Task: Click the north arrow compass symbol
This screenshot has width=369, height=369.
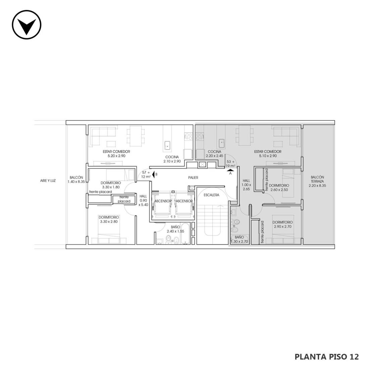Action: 27,24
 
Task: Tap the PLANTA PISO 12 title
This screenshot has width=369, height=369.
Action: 327,357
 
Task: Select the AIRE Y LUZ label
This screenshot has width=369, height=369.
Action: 48,181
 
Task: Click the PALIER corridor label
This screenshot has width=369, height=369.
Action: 193,178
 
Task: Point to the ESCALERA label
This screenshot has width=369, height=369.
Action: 211,195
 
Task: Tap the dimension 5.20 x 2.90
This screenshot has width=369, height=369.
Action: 116,156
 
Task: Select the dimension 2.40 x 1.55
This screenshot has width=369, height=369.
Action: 175,231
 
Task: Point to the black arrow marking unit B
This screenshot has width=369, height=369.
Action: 153,174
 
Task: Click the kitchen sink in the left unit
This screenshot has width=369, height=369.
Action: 167,145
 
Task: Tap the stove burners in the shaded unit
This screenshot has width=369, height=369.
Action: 200,136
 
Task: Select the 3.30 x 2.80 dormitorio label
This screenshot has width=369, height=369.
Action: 109,219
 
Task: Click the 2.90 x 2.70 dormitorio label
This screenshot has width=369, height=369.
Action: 283,224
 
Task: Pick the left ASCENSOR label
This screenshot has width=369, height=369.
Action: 163,201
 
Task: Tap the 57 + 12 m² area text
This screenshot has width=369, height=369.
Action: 146,175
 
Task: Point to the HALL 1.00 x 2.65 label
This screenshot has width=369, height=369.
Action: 247,185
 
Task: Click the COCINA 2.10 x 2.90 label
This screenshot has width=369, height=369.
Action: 172,159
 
